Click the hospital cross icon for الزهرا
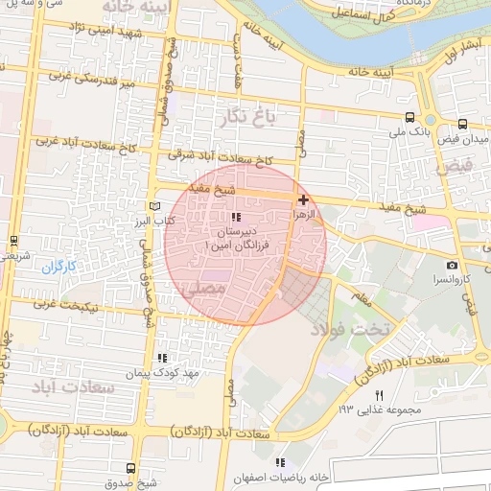[x=304, y=200]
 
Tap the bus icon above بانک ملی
[x=410, y=119]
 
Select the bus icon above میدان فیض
[x=463, y=124]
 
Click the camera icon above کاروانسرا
[x=452, y=265]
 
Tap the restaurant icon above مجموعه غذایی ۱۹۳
[x=380, y=396]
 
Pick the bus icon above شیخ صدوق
[x=131, y=468]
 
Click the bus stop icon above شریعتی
[x=13, y=240]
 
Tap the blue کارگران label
[x=57, y=266]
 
